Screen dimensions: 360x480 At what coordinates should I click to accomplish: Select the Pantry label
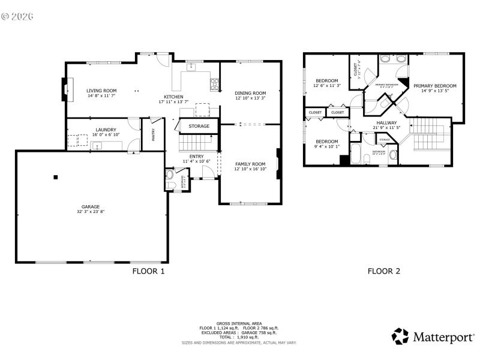tap(153, 134)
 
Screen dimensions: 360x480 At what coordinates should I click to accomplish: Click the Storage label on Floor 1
tap(199, 126)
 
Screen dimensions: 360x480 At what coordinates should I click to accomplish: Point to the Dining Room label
tap(250, 93)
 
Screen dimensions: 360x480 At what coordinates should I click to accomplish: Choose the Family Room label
tap(250, 164)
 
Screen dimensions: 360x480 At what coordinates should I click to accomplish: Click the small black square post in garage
tap(55, 177)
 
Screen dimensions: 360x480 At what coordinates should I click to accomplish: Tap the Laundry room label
tap(106, 129)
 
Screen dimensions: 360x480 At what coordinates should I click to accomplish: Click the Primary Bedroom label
tap(434, 86)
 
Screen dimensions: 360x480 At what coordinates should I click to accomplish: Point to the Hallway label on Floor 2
tap(386, 122)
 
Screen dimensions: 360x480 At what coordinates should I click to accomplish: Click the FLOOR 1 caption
tap(148, 271)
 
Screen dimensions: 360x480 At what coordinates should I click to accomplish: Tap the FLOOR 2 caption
tap(383, 271)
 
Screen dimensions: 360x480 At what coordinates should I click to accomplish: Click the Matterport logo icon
tap(400, 336)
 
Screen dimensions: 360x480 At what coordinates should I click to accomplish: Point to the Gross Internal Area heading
tap(239, 323)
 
